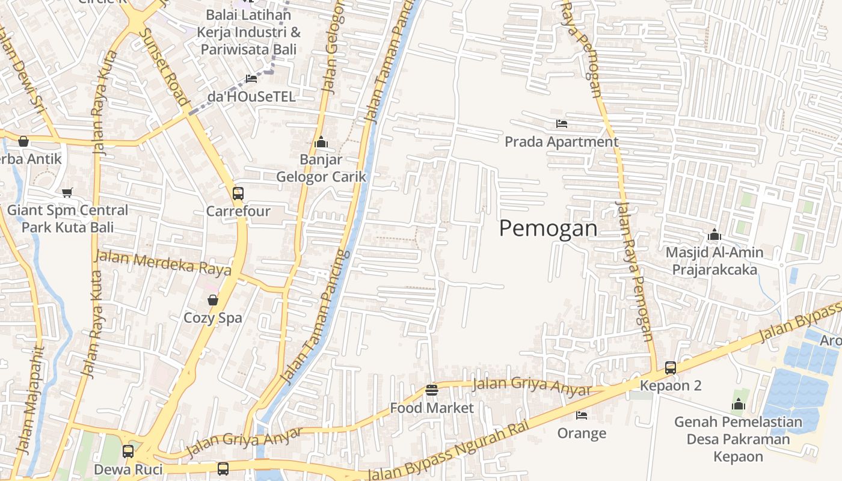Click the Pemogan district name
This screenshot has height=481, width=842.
pyautogui.click(x=549, y=228)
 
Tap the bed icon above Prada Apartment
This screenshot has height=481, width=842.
pyautogui.click(x=562, y=124)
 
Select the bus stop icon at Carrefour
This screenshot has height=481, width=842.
pyautogui.click(x=238, y=194)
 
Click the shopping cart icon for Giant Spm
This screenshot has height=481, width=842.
pyautogui.click(x=67, y=192)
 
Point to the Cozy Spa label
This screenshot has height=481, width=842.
pyautogui.click(x=213, y=317)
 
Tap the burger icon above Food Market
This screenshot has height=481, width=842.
pyautogui.click(x=431, y=390)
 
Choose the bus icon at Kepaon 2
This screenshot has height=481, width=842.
pyautogui.click(x=671, y=368)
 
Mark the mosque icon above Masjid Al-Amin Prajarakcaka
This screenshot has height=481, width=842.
pyautogui.click(x=714, y=234)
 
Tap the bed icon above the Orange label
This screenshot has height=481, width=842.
pyautogui.click(x=582, y=415)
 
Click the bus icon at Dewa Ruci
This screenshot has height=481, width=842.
pyautogui.click(x=128, y=451)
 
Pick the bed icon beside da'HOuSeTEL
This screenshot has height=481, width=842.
pyautogui.click(x=251, y=79)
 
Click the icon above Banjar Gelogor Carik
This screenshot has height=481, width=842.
pyautogui.click(x=321, y=142)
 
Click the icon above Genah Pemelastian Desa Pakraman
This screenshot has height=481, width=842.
pyautogui.click(x=739, y=404)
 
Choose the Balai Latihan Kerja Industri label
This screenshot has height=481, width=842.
pyautogui.click(x=250, y=32)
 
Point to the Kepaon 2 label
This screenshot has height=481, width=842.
pyautogui.click(x=671, y=385)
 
